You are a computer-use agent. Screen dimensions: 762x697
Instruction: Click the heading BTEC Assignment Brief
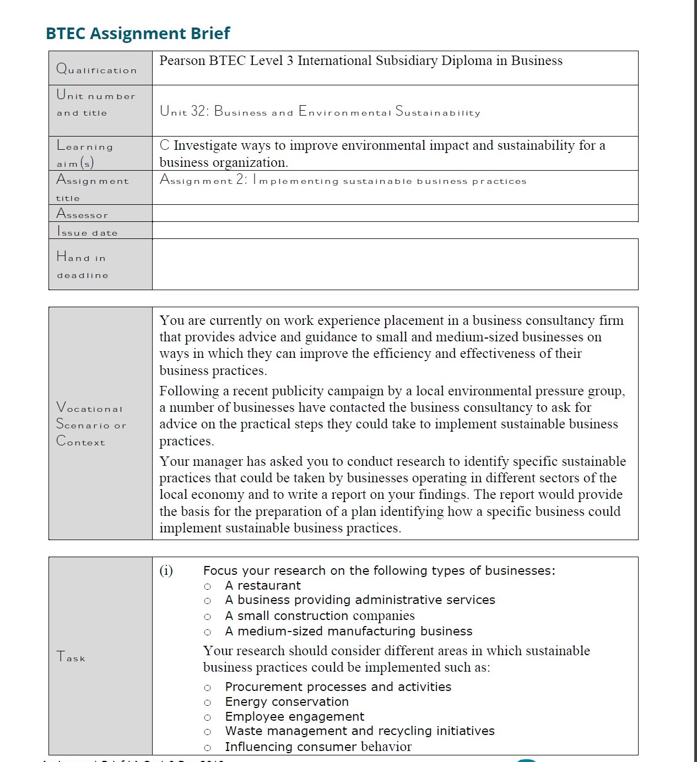(x=138, y=33)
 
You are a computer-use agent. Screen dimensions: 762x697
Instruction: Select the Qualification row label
(x=96, y=69)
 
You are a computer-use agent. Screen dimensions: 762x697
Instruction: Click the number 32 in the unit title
(x=199, y=111)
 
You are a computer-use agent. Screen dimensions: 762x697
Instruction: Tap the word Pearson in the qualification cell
(x=182, y=61)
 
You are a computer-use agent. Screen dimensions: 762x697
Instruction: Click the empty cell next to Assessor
(x=395, y=213)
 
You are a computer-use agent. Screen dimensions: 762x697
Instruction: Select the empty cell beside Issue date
(x=395, y=230)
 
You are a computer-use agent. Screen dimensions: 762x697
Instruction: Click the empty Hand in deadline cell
(x=395, y=264)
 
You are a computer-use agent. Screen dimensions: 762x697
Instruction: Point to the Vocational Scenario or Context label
(x=91, y=424)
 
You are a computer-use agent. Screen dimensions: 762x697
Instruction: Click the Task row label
(x=71, y=656)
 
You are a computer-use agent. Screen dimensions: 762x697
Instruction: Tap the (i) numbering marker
(x=166, y=570)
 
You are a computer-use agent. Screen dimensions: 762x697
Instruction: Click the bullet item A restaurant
(x=263, y=585)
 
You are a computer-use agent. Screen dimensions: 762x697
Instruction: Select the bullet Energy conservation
(x=287, y=701)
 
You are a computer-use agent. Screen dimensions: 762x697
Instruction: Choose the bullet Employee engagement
(x=294, y=716)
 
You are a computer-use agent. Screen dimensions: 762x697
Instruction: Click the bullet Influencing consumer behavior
(x=318, y=747)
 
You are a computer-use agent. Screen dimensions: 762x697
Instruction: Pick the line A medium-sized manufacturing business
(x=348, y=631)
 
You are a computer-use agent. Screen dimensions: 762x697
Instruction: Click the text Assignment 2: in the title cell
(x=203, y=180)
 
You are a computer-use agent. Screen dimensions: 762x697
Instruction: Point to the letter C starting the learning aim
(x=164, y=145)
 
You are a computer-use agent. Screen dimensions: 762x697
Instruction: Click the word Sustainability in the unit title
(x=438, y=112)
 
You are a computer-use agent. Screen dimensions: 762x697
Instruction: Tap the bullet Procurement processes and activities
(x=338, y=687)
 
